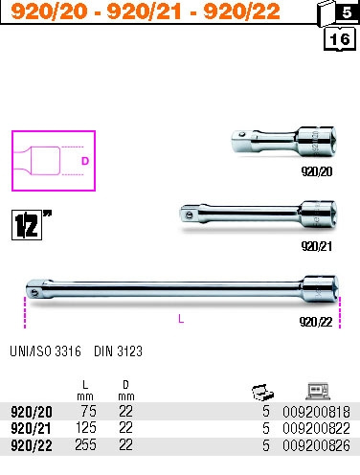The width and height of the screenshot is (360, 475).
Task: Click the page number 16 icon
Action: click(x=340, y=39)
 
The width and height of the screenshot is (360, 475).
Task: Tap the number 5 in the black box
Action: click(x=347, y=12)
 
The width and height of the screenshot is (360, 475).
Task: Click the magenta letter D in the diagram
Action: click(x=85, y=161)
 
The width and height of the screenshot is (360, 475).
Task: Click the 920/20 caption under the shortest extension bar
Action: click(x=317, y=171)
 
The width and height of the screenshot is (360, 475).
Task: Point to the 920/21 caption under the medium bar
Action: click(x=317, y=246)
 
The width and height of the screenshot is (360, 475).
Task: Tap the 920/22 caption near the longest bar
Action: click(x=316, y=322)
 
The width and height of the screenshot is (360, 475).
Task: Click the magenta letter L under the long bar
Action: click(x=181, y=319)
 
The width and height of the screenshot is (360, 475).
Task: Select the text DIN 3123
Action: click(x=118, y=351)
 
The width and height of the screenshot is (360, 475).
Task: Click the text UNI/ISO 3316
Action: click(x=45, y=351)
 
